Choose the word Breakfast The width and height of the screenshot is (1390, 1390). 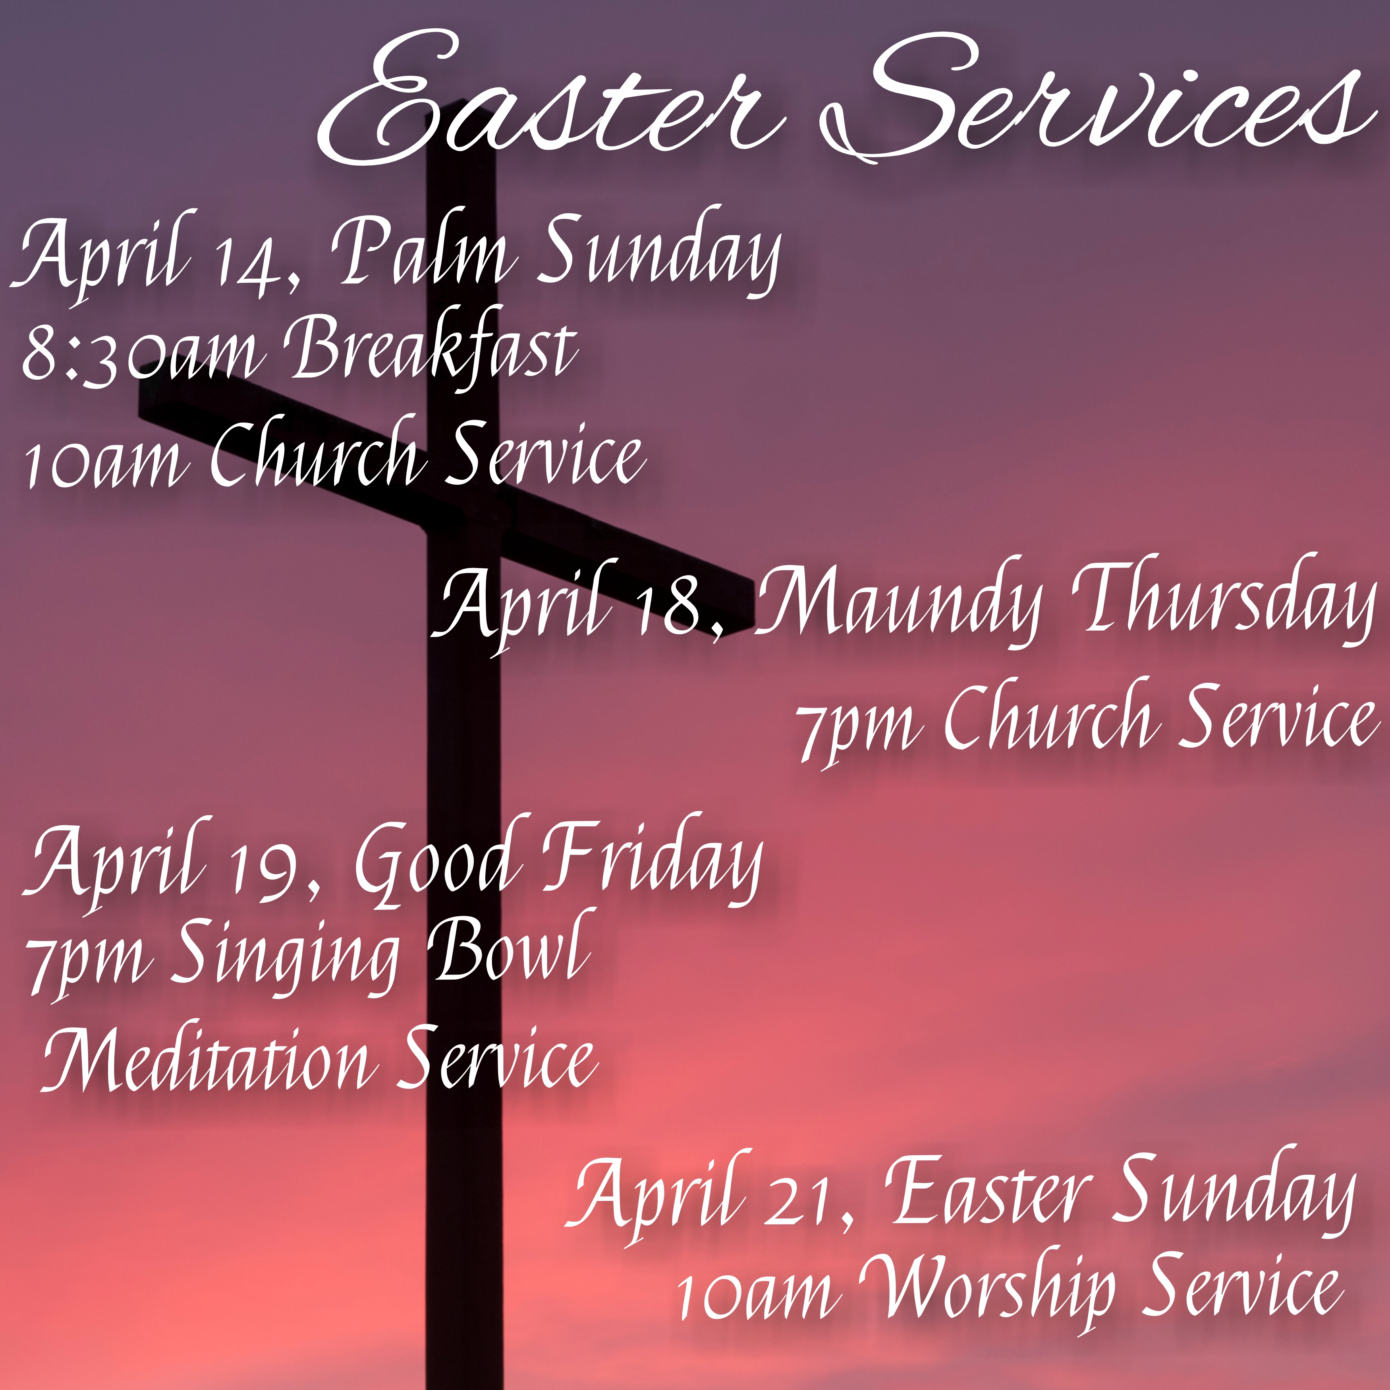432,346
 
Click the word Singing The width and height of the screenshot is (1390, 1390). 284,960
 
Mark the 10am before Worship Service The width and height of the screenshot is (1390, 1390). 759,1299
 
